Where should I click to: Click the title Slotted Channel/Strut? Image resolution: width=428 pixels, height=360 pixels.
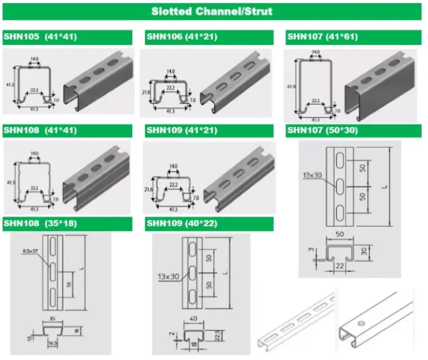[211, 11]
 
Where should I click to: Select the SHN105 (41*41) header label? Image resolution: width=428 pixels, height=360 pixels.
[40, 37]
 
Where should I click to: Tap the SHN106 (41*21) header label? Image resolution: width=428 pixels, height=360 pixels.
[182, 37]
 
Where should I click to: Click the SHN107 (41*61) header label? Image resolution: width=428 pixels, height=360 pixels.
[322, 37]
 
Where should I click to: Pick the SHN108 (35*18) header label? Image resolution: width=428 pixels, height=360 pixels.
[40, 224]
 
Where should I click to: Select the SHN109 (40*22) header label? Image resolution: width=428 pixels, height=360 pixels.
[182, 224]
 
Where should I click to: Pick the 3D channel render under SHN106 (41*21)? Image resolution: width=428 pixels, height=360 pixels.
[235, 84]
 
